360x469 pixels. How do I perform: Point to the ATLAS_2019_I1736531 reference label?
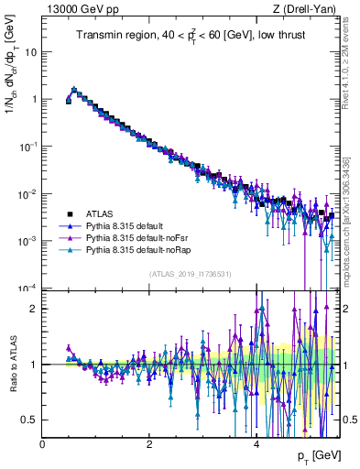pyautogui.click(x=190, y=274)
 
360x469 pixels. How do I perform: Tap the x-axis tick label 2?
pyautogui.click(x=149, y=443)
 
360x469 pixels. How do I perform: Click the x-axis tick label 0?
pyautogui.click(x=42, y=443)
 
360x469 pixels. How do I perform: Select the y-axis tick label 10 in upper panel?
pyautogui.click(x=30, y=51)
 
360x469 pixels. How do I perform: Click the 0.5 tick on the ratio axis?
pyautogui.click(x=29, y=420)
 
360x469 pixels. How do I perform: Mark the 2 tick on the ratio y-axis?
pyautogui.click(x=34, y=309)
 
